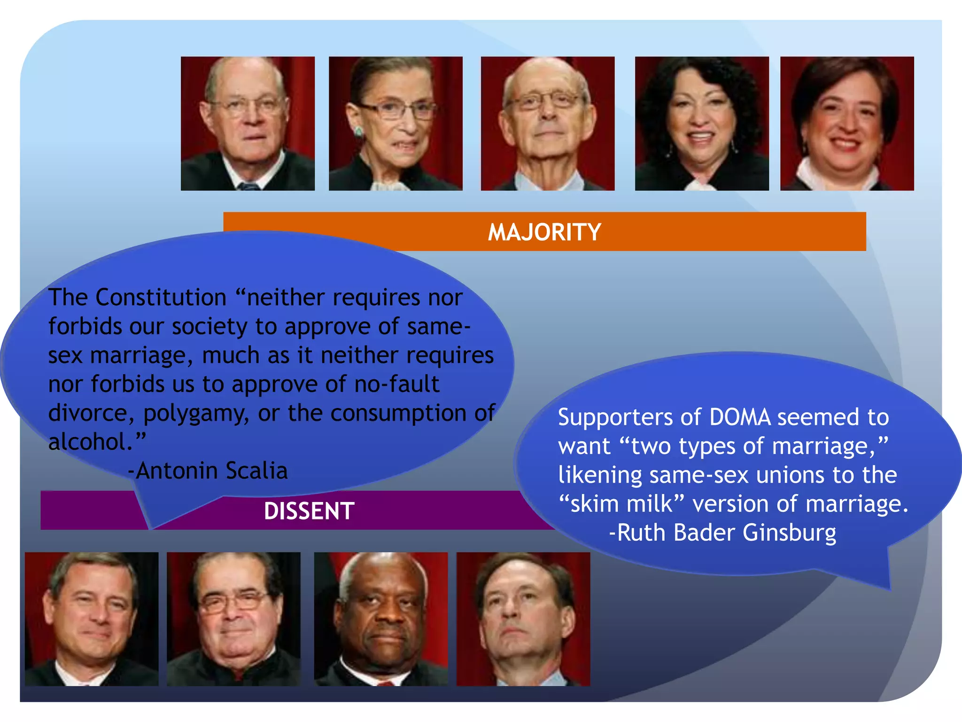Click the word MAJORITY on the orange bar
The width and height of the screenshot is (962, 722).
544,232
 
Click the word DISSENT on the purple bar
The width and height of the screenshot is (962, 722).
309,511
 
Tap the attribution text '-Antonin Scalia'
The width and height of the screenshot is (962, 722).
208,471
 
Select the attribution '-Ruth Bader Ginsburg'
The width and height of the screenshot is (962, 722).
722,533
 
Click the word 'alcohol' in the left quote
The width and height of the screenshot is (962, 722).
87,442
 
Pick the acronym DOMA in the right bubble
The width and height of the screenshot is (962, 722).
740,417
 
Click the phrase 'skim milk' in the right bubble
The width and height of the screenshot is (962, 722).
622,504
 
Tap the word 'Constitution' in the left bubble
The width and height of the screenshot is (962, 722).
161,298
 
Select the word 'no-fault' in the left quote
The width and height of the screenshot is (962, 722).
396,384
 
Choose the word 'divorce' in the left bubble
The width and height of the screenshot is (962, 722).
87,413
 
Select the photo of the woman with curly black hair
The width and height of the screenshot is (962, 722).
702,124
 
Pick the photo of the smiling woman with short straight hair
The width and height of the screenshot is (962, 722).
847,124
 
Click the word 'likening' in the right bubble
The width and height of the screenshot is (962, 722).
600,475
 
